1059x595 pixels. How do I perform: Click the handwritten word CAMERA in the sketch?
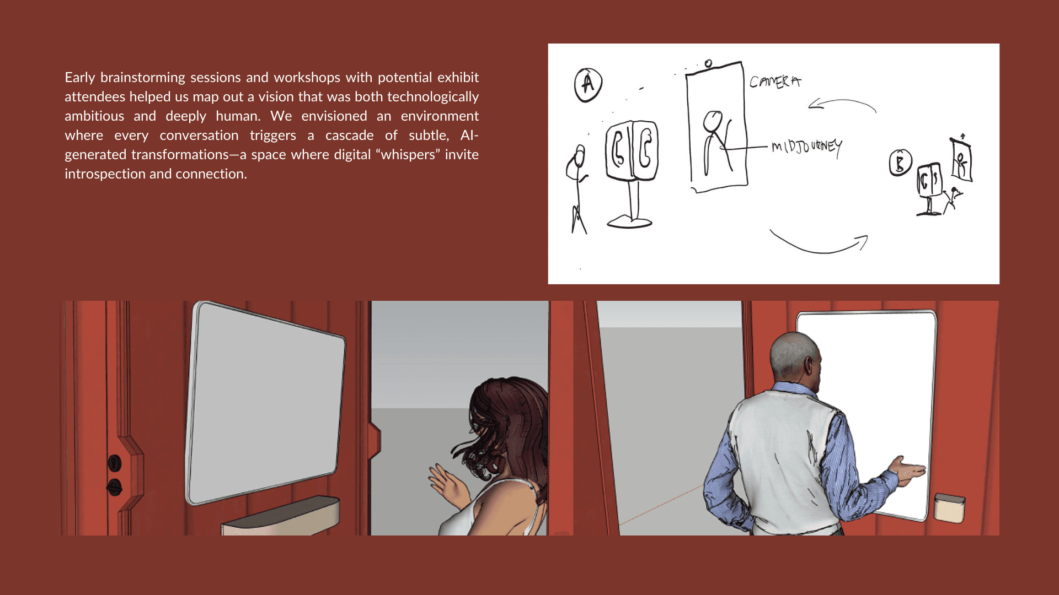pos(775,82)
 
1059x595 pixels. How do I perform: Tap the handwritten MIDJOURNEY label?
pos(806,147)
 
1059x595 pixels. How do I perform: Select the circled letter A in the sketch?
pos(588,85)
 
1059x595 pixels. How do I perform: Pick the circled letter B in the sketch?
pos(900,163)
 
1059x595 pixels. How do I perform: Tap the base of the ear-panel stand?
pos(629,222)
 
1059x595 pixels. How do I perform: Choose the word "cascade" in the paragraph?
pos(349,136)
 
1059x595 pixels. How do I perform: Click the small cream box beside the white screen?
pos(949,508)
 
